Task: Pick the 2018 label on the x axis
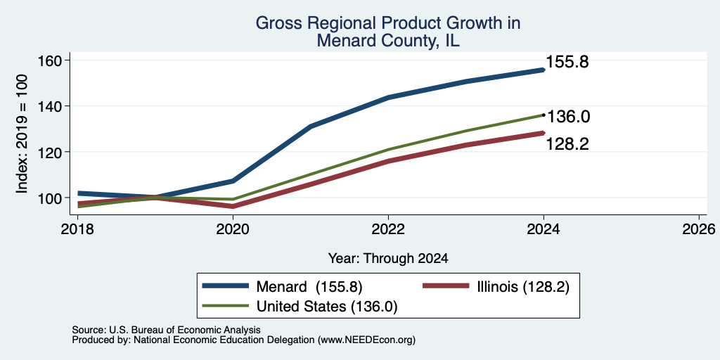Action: (77, 229)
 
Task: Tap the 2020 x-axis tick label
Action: (233, 229)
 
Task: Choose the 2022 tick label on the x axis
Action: (388, 229)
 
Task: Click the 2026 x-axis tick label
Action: (699, 229)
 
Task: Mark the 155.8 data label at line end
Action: (567, 63)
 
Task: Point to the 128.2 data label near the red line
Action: (567, 144)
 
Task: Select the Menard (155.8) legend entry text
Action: (309, 287)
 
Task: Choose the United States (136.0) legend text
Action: (326, 307)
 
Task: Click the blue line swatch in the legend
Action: (226, 286)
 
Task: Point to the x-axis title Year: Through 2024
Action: (388, 259)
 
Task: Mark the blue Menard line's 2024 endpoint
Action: (544, 70)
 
